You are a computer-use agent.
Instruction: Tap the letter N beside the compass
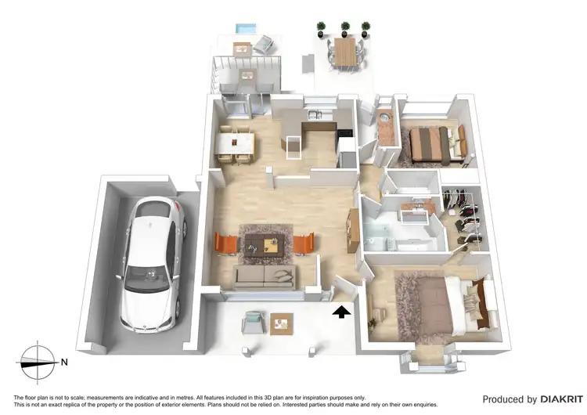pos(65,362)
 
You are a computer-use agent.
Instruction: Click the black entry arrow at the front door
pos(341,312)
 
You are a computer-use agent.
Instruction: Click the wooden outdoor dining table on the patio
pos(345,51)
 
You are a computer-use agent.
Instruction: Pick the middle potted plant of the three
pos(345,30)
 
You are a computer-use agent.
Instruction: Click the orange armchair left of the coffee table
pos(224,244)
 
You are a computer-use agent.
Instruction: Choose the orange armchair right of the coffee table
pos(304,244)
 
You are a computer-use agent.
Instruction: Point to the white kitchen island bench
pos(295,146)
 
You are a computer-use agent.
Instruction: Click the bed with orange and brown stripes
pos(432,144)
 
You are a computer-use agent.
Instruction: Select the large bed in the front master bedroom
pos(441,301)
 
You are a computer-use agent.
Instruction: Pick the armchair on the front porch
pos(254,320)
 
